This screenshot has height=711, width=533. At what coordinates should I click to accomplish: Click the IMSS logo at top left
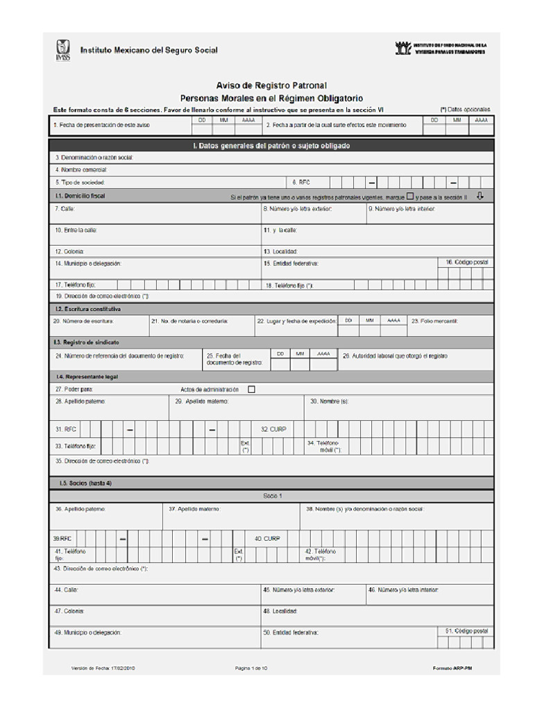[x=62, y=50]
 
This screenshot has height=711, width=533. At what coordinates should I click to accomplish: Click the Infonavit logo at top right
[x=403, y=48]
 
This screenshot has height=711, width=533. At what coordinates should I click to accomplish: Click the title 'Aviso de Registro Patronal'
[x=271, y=85]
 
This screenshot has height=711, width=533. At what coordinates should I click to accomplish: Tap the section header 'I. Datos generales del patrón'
[x=271, y=146]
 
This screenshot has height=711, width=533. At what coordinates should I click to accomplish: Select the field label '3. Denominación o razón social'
[x=94, y=158]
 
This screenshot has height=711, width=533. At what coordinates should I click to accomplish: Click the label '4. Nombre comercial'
[x=81, y=169]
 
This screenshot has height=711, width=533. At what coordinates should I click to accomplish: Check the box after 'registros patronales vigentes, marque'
[x=410, y=196]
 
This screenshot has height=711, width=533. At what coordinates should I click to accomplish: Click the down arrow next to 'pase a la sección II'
[x=480, y=196]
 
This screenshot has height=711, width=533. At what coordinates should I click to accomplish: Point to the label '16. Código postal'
[x=467, y=262]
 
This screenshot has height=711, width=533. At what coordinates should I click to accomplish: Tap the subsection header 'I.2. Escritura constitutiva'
[x=88, y=308]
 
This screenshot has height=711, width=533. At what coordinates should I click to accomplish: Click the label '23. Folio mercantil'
[x=434, y=321]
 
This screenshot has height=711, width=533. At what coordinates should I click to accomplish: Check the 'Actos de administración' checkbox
[x=251, y=390]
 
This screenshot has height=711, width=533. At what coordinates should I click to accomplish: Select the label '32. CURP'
[x=273, y=429]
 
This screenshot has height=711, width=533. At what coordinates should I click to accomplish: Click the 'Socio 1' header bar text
[x=272, y=496]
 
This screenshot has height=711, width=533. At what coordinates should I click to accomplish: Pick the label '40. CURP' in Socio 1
[x=267, y=538]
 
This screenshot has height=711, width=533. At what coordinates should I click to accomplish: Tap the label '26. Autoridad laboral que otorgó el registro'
[x=395, y=355]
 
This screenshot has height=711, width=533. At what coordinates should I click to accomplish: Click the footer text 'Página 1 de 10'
[x=251, y=668]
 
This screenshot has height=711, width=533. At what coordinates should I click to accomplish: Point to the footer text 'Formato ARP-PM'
[x=453, y=668]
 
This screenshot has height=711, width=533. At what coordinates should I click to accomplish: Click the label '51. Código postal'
[x=467, y=631]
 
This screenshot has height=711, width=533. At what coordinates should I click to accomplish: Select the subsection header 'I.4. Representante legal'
[x=87, y=376]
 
